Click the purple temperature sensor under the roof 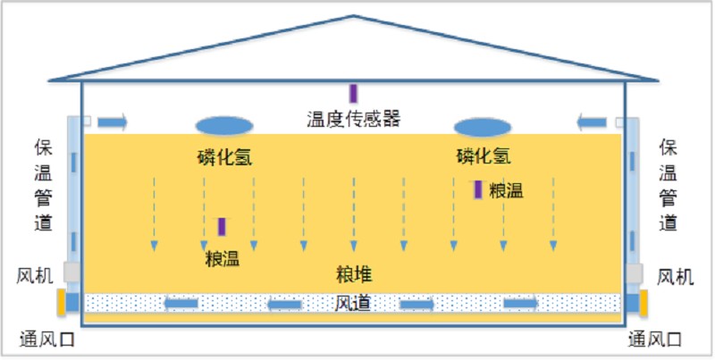(x=353, y=93)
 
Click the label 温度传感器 (x=353, y=118)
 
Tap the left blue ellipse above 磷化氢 (x=223, y=126)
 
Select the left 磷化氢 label (x=224, y=157)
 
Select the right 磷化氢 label (x=484, y=156)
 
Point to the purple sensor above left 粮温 (x=222, y=227)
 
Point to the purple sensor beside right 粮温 (x=478, y=189)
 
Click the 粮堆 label (x=354, y=272)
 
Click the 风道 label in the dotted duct (x=353, y=304)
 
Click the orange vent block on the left (x=62, y=302)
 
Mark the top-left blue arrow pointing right (x=113, y=121)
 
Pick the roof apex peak (x=354, y=16)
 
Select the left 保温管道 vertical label (x=43, y=184)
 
